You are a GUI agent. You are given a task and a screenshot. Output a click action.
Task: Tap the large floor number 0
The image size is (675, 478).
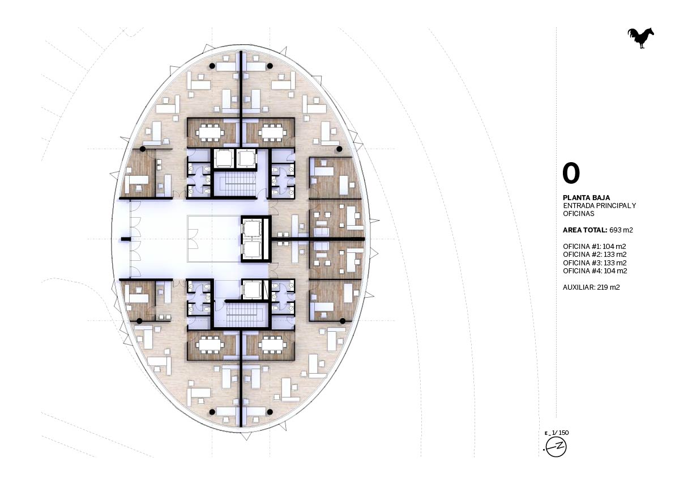tap(571, 174)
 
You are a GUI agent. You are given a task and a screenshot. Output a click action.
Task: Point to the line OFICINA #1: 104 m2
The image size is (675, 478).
tap(594, 247)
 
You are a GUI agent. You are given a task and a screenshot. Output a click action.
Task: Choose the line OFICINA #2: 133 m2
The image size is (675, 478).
tap(594, 255)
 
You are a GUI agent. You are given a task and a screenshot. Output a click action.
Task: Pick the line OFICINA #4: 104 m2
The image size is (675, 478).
tap(594, 270)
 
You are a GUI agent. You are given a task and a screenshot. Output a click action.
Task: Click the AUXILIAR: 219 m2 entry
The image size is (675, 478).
tap(591, 287)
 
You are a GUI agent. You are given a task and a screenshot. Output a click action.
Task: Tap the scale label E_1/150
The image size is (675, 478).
tap(557, 433)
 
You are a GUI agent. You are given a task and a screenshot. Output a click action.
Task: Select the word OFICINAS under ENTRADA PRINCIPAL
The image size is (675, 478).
tap(579, 214)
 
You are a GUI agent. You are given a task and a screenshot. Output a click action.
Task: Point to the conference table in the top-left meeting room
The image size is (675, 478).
tap(210, 133)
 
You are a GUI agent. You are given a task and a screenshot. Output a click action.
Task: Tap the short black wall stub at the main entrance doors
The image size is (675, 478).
tap(126, 239)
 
